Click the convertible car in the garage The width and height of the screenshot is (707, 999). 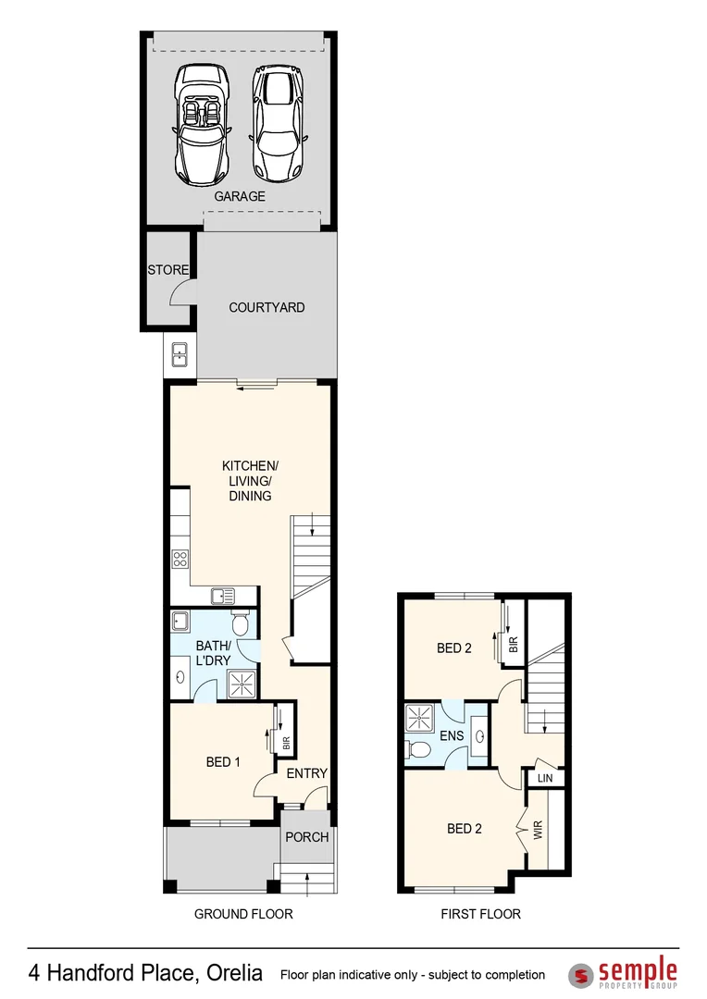[x=202, y=123]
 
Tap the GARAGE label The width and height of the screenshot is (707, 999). [x=240, y=196]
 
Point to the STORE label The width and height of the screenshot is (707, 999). [x=167, y=270]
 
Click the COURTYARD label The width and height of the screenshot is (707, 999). [x=267, y=307]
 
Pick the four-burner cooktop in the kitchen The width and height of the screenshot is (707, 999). [x=180, y=559]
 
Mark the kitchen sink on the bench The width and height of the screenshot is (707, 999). [x=222, y=597]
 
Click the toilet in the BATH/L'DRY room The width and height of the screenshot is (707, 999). [x=241, y=624]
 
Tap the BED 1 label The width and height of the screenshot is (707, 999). [x=223, y=762]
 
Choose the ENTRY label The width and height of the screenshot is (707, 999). [x=306, y=773]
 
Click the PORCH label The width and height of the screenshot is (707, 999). [x=306, y=837]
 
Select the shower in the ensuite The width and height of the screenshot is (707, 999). [x=419, y=718]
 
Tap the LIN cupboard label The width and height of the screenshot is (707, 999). [x=545, y=779]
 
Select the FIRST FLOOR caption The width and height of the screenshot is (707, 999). [x=480, y=914]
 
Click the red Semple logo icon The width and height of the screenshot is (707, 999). [x=580, y=975]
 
